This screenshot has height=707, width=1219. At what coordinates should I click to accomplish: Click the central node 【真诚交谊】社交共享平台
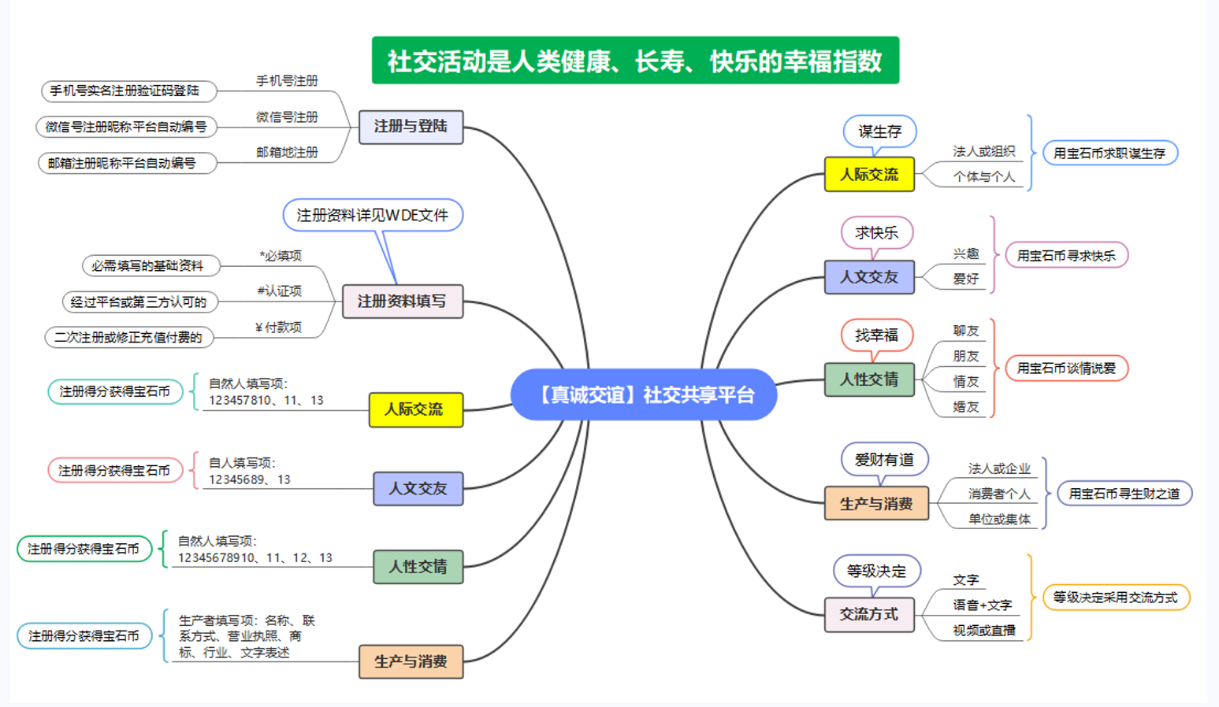click(x=644, y=394)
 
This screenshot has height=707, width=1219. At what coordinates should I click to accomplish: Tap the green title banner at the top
click(x=635, y=61)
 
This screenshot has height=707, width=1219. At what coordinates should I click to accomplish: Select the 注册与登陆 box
click(x=411, y=127)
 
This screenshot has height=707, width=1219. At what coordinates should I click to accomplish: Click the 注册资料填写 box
click(x=402, y=302)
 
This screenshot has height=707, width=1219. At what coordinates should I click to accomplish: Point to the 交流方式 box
click(x=869, y=614)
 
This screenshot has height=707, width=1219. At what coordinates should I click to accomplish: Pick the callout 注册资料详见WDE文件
click(x=372, y=215)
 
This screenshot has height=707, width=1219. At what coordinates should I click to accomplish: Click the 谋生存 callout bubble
click(x=880, y=131)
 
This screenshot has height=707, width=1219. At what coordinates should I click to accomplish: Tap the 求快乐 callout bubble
click(x=876, y=233)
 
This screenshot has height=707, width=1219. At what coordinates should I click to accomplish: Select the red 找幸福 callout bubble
click(x=876, y=335)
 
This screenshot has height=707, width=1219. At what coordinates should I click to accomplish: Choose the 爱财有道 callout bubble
click(x=884, y=460)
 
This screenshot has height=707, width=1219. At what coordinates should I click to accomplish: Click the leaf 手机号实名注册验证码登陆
click(x=125, y=91)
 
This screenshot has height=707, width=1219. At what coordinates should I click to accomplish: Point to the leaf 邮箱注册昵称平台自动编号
click(x=122, y=164)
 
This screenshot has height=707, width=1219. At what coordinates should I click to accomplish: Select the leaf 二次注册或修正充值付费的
click(x=128, y=338)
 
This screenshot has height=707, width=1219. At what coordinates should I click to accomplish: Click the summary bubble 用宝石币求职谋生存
click(x=1109, y=154)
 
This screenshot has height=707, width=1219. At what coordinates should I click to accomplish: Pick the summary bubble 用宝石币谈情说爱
click(x=1066, y=368)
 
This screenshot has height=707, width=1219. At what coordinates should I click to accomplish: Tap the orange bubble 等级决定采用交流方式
click(x=1115, y=598)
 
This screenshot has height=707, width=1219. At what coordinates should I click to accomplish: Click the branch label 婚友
click(x=965, y=407)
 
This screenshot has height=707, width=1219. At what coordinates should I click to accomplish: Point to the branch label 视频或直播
click(x=983, y=631)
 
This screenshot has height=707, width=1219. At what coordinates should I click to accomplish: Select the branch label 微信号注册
click(x=287, y=117)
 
